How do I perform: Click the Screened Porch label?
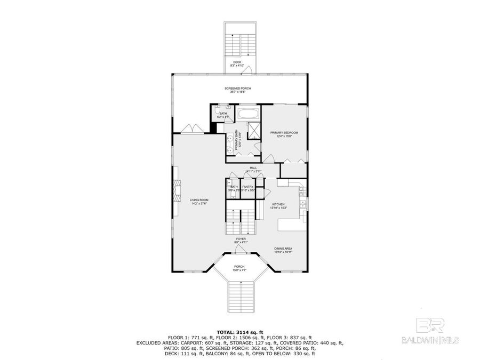click(x=238, y=89)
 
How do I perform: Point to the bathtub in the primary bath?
click(x=247, y=114)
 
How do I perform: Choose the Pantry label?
click(x=248, y=187)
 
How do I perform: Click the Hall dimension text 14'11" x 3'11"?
click(x=253, y=171)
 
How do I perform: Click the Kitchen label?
click(x=279, y=204)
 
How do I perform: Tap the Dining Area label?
click(x=283, y=249)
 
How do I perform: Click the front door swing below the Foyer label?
click(x=241, y=250)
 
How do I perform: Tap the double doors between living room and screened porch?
click(x=190, y=130)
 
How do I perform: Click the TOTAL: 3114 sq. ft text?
click(x=239, y=332)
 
